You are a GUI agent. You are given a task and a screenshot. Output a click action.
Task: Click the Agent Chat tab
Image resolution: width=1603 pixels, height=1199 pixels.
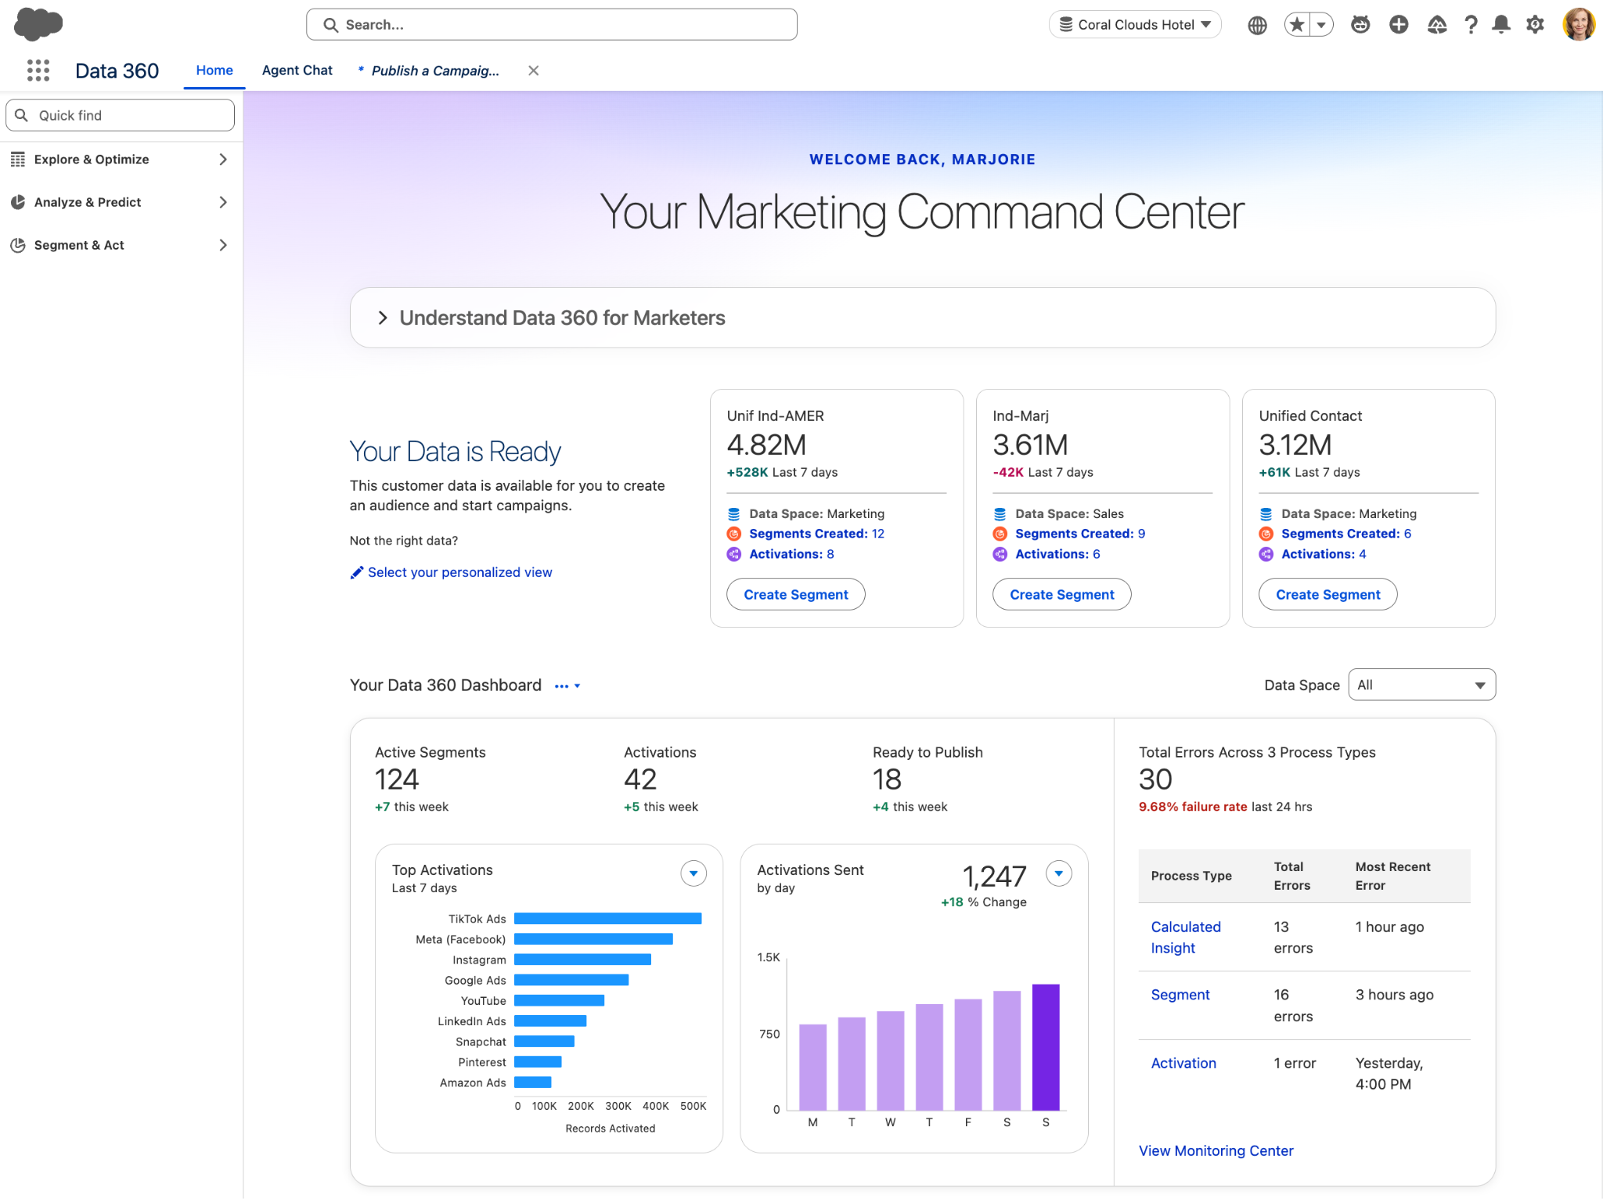point(297,70)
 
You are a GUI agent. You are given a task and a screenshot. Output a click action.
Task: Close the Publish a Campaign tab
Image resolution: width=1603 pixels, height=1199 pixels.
point(534,70)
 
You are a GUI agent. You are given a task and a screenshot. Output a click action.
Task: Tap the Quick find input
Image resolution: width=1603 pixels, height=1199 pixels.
point(121,115)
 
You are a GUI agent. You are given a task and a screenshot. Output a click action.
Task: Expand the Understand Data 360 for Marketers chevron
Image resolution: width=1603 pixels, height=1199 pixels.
point(383,318)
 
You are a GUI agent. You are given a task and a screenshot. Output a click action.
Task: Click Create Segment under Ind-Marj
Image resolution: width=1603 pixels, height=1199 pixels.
point(1061,595)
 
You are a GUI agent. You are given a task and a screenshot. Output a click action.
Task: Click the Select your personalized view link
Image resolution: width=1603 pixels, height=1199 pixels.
point(459,573)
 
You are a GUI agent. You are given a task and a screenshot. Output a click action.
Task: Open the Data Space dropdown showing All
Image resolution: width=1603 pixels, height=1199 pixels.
point(1421,685)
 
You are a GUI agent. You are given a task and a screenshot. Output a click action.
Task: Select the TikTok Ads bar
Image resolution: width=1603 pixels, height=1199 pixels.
point(607,919)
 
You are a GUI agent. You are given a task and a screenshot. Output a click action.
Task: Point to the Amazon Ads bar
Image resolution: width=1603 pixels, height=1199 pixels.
point(533,1082)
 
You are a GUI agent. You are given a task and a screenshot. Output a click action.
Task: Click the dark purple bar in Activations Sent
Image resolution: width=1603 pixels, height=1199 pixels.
point(1046,1047)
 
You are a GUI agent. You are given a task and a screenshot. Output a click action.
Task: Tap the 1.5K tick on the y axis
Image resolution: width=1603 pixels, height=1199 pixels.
point(769,957)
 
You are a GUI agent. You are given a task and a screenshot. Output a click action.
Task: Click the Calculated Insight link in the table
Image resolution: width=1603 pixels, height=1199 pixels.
point(1185,938)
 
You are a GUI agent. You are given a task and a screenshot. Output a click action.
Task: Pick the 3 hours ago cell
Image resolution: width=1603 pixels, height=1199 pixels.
point(1395,995)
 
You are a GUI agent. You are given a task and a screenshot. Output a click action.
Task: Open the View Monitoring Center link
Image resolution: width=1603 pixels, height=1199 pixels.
point(1216,1150)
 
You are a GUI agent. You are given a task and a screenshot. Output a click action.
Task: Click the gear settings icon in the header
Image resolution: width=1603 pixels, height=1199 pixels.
point(1536,25)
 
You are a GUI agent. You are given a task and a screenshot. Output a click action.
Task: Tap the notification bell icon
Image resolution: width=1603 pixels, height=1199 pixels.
point(1501,25)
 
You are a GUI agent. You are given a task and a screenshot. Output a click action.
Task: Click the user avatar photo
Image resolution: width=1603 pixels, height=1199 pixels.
point(1579,24)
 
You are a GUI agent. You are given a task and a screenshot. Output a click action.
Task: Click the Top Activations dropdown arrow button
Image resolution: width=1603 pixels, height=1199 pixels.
point(693,873)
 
